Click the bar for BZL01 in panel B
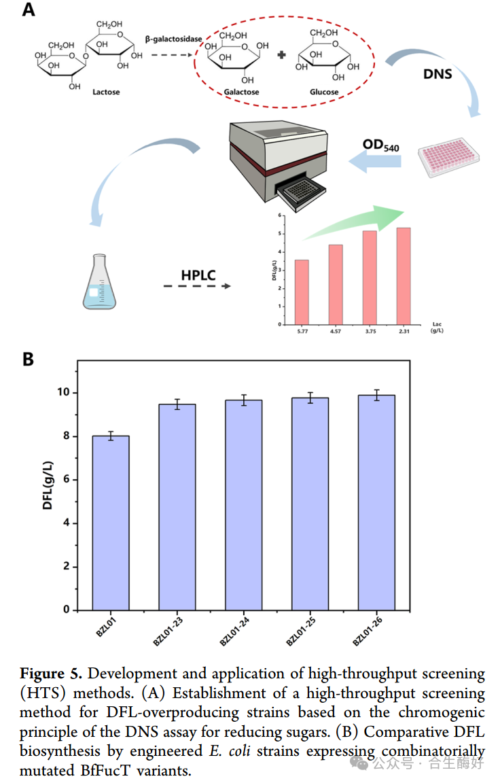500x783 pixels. (111, 522)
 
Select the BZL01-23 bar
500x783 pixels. (177, 506)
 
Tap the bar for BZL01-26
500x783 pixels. (376, 502)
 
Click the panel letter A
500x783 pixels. (29, 12)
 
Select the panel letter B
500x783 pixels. (28, 360)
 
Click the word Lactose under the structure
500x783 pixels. (106, 91)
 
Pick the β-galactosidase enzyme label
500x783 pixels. (173, 39)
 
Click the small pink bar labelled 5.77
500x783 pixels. (302, 292)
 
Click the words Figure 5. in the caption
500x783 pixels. (51, 674)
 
